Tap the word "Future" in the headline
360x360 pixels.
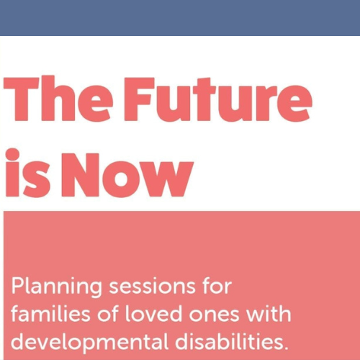pos(217,99)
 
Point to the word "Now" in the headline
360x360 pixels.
pos(127,175)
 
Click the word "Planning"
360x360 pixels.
pos(57,287)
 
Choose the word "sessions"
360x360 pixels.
pos(152,286)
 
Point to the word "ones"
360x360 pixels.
pos(214,315)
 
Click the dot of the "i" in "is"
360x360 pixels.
pos(12,155)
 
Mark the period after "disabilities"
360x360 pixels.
pos(285,347)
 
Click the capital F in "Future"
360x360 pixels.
pos(139,99)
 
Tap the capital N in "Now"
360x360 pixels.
pos(81,175)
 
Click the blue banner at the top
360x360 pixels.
pos(180,18)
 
